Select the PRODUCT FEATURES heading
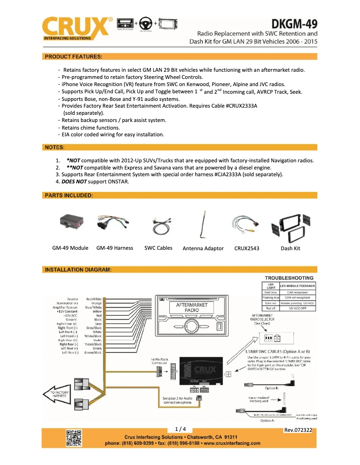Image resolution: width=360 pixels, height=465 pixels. pos(73,56)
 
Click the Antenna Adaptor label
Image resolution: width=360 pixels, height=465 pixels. pos(203,248)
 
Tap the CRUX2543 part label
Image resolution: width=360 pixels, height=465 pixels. pos(246,248)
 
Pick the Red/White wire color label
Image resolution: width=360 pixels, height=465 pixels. pos(94,299)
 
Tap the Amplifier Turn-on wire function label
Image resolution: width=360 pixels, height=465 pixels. pos(65,307)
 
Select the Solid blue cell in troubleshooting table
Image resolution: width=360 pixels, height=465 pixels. pos(271,292)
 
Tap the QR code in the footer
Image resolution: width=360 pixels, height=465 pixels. pos(74,438)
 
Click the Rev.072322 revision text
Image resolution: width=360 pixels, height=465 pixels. pos(298,430)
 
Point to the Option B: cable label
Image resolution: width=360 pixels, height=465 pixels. pos(272,388)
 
